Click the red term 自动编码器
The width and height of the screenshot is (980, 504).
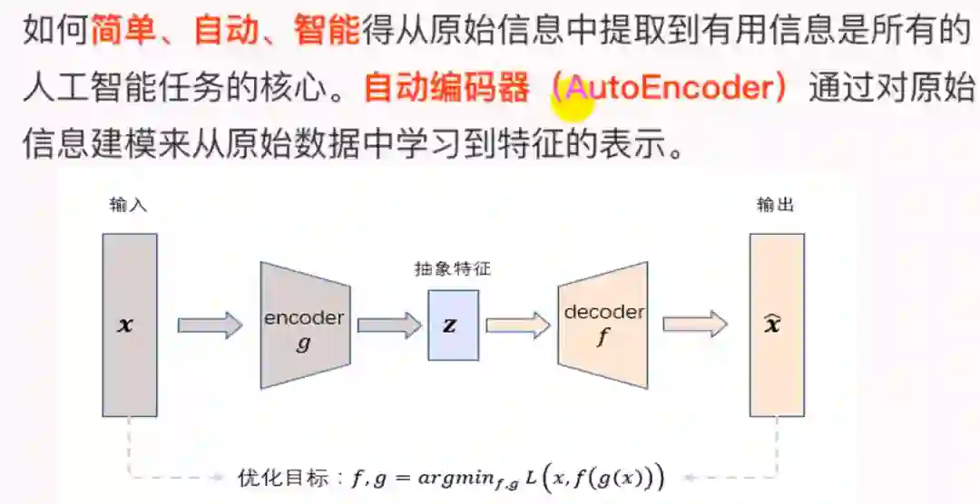446,89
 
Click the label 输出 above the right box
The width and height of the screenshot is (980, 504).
775,206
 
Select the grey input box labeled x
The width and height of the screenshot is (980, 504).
130,324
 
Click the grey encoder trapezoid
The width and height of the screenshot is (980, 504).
304,325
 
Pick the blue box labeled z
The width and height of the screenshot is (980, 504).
453,325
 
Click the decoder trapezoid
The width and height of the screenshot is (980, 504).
603,325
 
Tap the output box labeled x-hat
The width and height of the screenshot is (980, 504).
776,324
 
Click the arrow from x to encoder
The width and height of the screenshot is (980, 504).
210,325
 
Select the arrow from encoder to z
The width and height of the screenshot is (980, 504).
389,325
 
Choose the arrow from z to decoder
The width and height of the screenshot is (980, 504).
518,325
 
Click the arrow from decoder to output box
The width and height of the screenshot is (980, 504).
695,325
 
